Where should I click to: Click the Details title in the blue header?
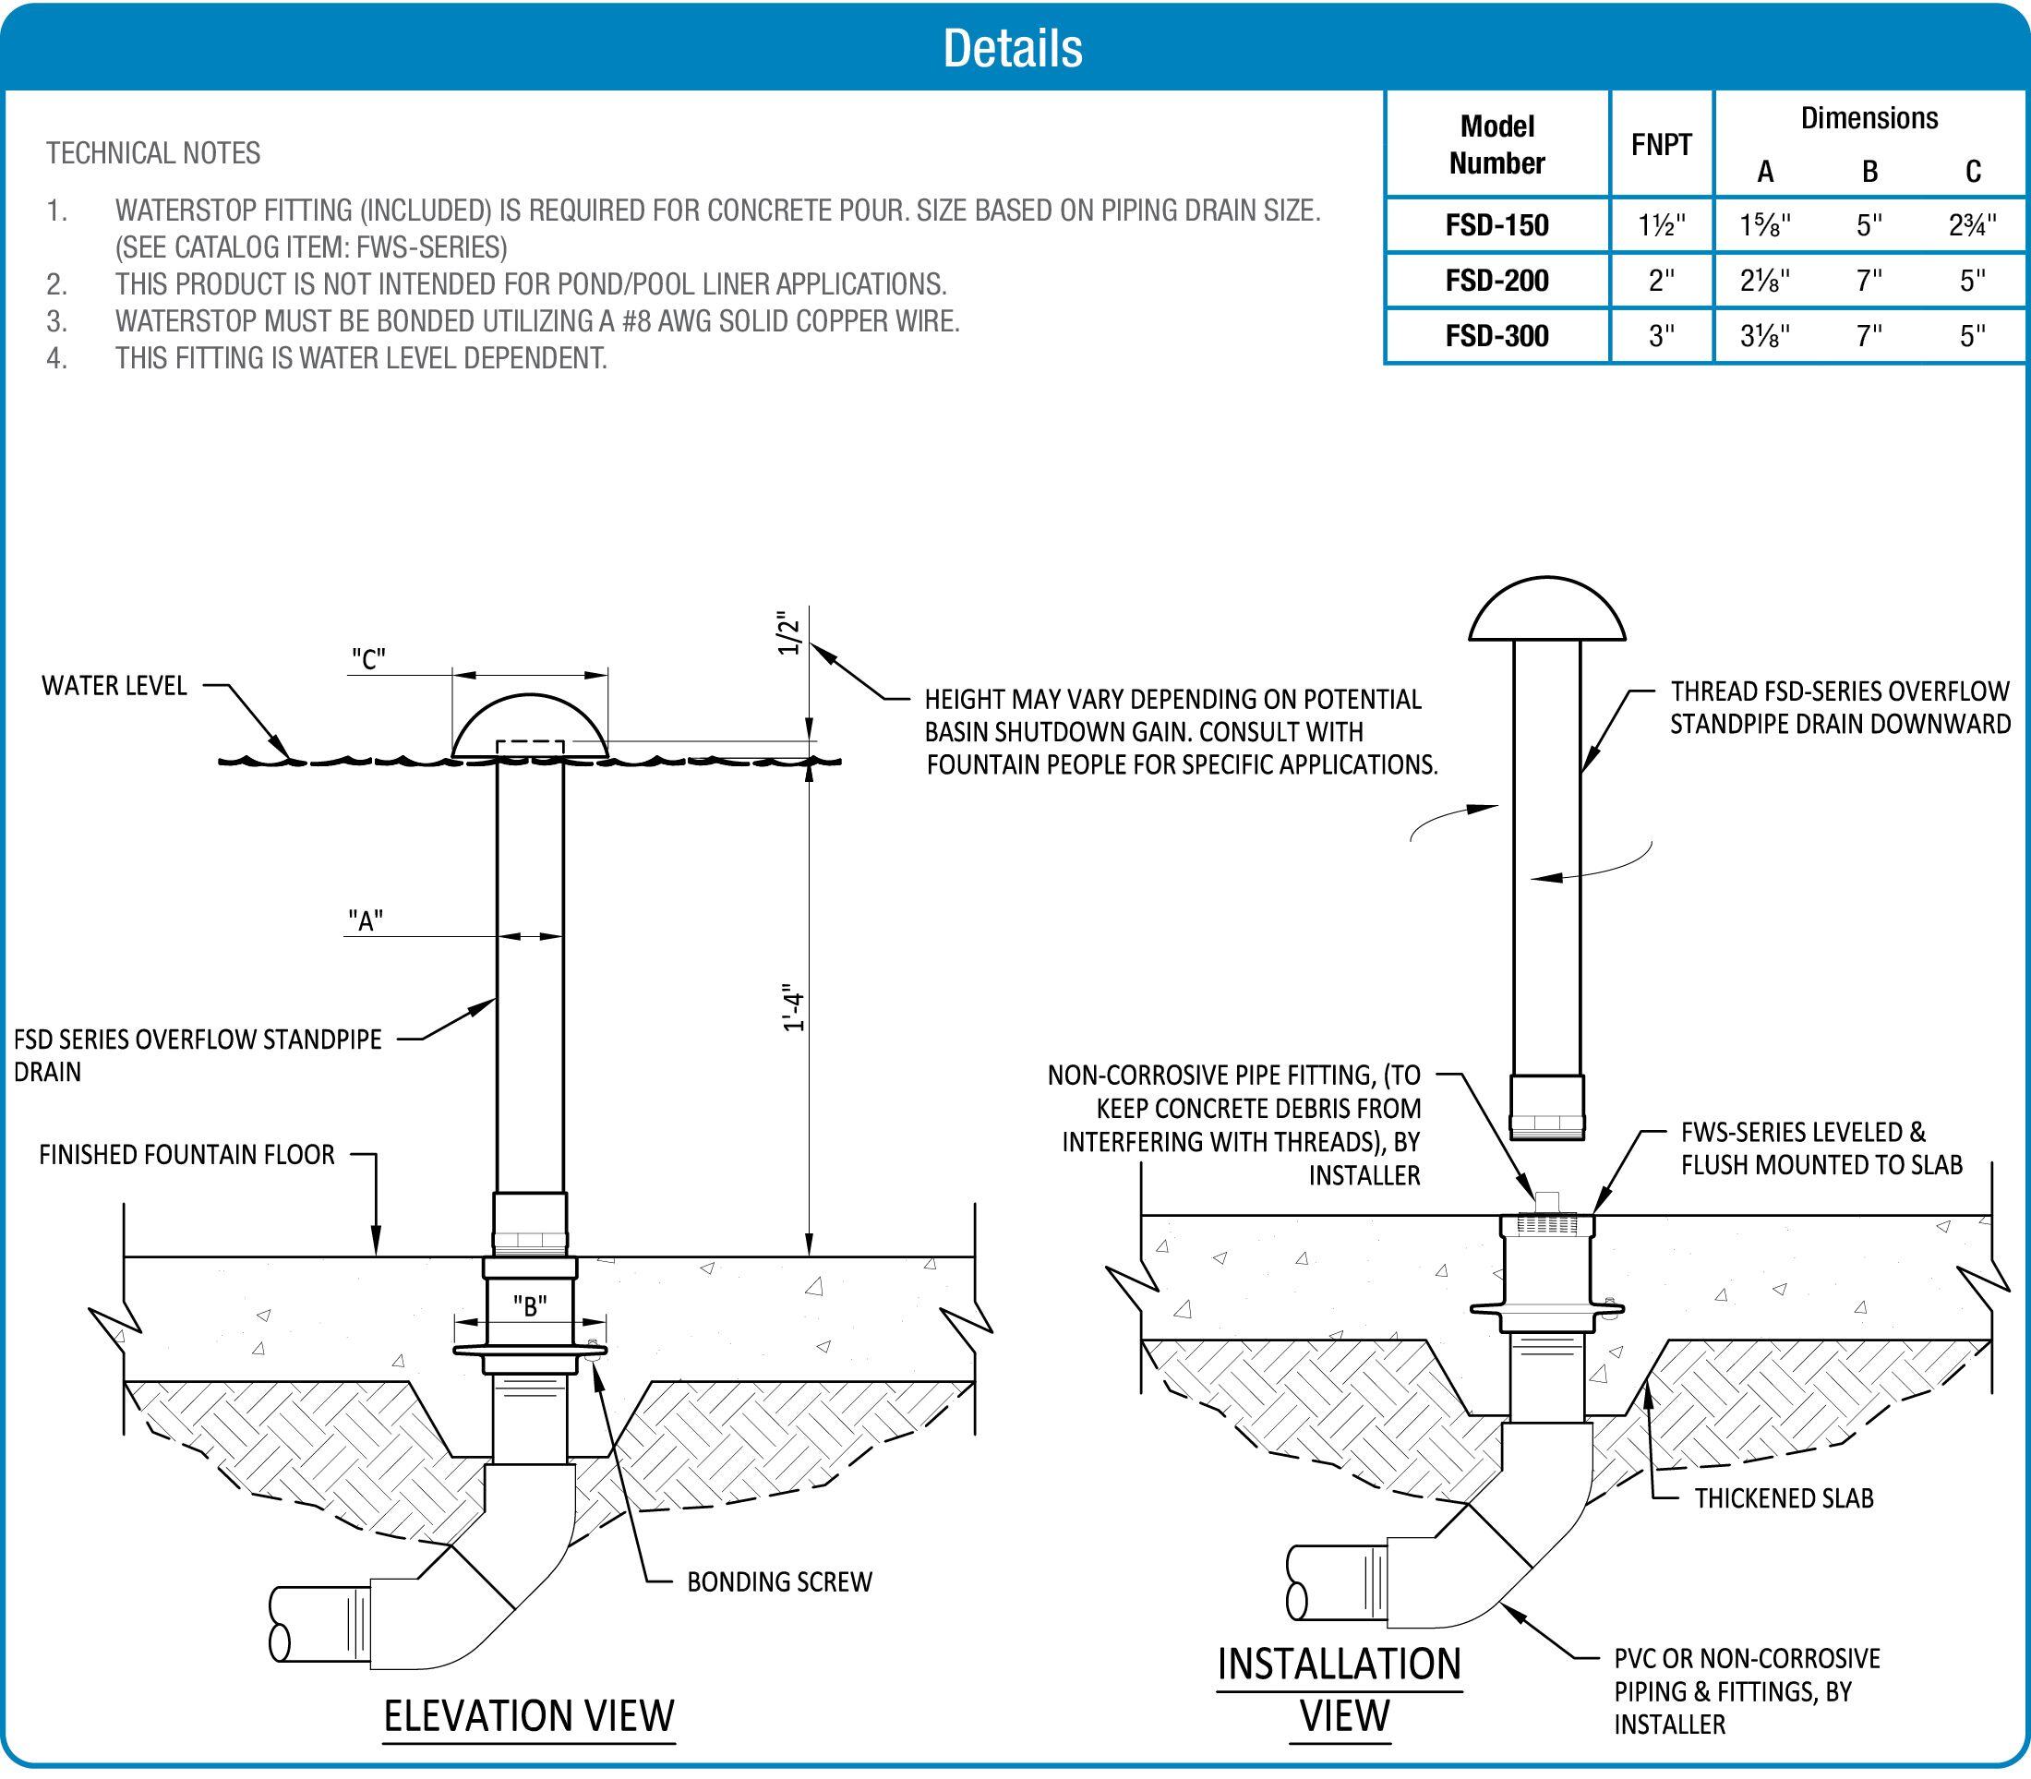[x=1013, y=48]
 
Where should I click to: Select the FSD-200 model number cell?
[x=1497, y=281]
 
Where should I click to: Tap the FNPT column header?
[x=1661, y=145]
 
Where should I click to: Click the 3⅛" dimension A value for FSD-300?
[x=1765, y=337]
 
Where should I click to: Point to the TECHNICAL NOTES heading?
[x=153, y=153]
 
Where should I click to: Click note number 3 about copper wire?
[x=536, y=321]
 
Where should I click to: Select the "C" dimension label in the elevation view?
[x=368, y=659]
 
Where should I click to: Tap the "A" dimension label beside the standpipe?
[x=366, y=921]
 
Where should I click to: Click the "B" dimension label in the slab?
[x=529, y=1306]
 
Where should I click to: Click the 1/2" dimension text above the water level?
[x=789, y=633]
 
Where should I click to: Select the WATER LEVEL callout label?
[x=114, y=686]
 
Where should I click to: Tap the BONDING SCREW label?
[x=779, y=1581]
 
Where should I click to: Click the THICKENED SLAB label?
[x=1783, y=1498]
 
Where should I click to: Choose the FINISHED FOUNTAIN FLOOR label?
[x=186, y=1155]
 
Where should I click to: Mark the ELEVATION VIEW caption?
[x=529, y=1716]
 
